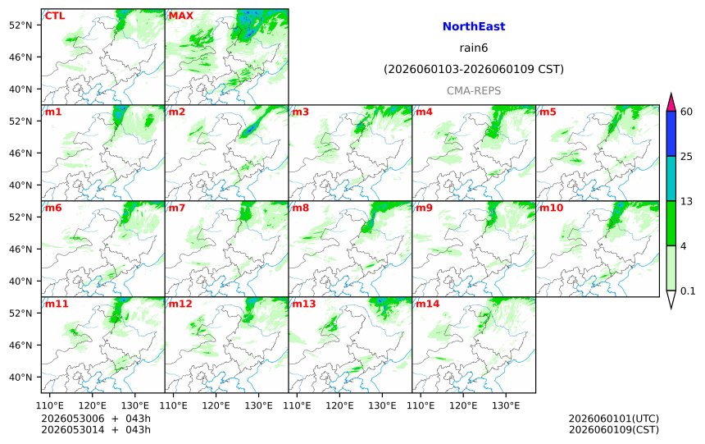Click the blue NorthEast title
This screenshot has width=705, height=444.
pos(474,26)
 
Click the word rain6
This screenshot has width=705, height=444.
pos(474,48)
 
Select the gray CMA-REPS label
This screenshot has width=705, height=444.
pos(474,90)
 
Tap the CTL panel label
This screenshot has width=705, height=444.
pos(54,16)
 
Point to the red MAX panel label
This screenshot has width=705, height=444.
pos(180,16)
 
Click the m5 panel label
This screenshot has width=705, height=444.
pos(548,112)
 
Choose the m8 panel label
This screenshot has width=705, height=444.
pos(300,208)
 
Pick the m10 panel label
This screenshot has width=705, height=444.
pos(551,208)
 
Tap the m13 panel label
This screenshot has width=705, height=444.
pos(304,304)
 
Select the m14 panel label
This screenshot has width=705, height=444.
pos(428,304)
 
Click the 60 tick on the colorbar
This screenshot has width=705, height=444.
pos(687,112)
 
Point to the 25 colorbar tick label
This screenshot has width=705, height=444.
pos(687,156)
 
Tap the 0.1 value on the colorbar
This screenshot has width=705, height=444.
pos(688,291)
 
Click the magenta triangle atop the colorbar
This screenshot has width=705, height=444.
pos(671,103)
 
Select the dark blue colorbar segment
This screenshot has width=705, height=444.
pos(671,134)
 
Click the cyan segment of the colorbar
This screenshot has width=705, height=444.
pos(671,178)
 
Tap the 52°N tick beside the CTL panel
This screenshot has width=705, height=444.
pos(20,25)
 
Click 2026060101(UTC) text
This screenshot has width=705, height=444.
pos(614,419)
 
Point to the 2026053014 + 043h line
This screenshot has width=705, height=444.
pos(96,429)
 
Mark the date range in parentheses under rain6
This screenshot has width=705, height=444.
pos(474,69)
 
